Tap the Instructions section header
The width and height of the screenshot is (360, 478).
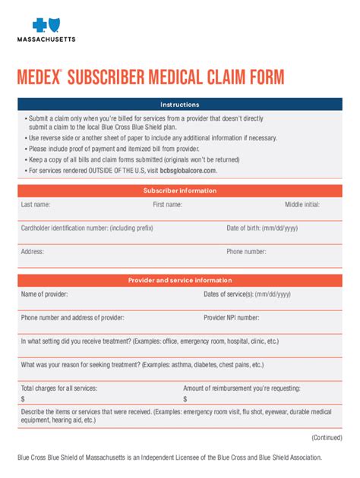(179, 105)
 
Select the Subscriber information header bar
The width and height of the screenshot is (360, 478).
(179, 190)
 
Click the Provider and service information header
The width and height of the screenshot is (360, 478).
(179, 280)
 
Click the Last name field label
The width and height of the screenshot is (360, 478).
(36, 205)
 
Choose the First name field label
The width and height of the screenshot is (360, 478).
(167, 205)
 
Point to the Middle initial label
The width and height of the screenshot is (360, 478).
(302, 205)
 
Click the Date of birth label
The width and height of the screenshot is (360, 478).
(262, 228)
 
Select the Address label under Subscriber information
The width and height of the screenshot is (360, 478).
(33, 251)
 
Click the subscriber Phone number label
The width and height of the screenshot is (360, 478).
(246, 251)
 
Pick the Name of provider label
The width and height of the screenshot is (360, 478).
(44, 294)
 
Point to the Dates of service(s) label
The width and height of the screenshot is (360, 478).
(247, 294)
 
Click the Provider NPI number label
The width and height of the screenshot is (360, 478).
(231, 318)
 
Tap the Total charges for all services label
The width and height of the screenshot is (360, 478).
(58, 388)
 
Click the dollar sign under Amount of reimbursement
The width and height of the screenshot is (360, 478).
(185, 399)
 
